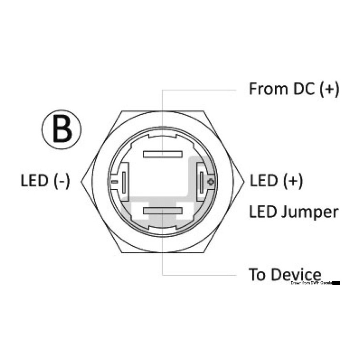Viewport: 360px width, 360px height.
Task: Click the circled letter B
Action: click(x=62, y=129)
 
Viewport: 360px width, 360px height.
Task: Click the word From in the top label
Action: click(x=268, y=89)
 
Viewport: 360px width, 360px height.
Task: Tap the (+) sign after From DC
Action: click(x=329, y=89)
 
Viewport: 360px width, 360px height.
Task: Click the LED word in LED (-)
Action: click(x=35, y=180)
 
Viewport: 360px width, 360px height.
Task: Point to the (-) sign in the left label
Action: click(x=62, y=181)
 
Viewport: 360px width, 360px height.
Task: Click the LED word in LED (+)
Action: click(x=264, y=180)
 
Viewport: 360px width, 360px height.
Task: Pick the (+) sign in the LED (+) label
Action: click(x=293, y=181)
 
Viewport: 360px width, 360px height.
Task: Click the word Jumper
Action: click(x=310, y=213)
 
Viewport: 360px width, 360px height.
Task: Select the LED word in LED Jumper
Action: click(x=263, y=212)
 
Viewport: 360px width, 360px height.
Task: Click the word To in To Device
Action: click(x=257, y=274)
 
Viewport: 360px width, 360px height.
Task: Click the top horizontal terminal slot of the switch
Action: click(x=163, y=154)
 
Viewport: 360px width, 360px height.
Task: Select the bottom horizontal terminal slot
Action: click(x=163, y=210)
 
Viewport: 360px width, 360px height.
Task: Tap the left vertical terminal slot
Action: click(x=124, y=182)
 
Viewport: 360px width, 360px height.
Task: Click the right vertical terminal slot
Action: click(x=202, y=182)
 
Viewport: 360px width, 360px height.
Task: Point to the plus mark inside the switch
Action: click(x=211, y=182)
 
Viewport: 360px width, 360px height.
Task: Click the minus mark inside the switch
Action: click(x=114, y=182)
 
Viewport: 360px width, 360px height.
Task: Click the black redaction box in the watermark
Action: click(x=336, y=283)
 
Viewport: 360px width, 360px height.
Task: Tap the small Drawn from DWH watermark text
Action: click(x=311, y=283)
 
